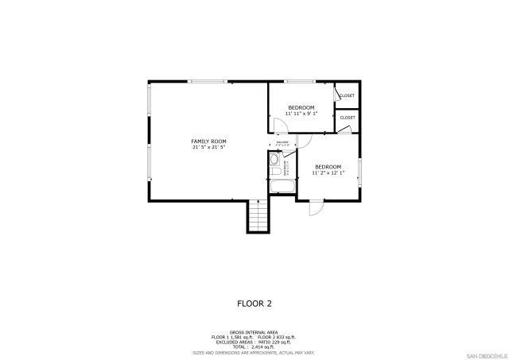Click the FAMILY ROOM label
208,141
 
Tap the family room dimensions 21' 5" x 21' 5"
208,147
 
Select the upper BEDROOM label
301,107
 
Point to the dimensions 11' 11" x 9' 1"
301,114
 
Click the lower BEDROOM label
328,166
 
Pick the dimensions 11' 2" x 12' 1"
328,172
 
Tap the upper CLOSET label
347,95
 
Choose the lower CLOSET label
348,118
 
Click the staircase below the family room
257,215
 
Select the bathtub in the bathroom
282,188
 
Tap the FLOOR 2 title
254,303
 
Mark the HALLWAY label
282,144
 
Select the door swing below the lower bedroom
315,207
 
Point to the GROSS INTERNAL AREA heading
254,331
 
